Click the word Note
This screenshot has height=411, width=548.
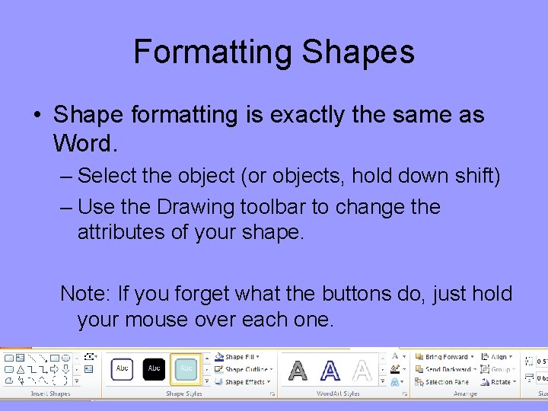tap(82, 293)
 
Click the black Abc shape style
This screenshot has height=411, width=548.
tap(155, 368)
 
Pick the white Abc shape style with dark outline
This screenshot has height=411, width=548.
tap(122, 368)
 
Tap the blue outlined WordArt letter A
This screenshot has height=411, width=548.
tap(330, 371)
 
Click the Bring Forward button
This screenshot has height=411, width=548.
tap(445, 356)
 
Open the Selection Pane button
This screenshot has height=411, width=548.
tap(446, 382)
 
